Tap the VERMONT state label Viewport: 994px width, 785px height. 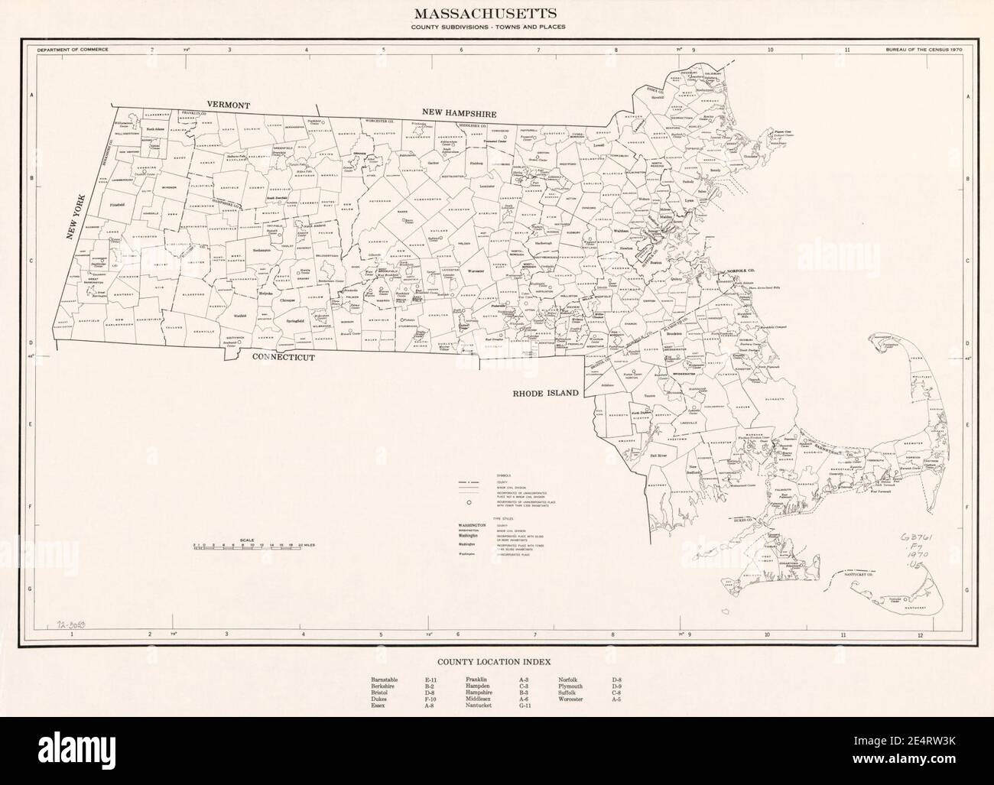228,104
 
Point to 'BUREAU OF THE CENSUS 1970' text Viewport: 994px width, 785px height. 923,49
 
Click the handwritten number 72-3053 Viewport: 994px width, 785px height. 72,624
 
